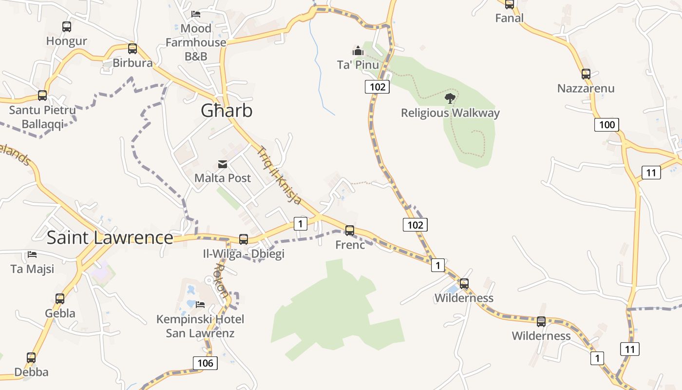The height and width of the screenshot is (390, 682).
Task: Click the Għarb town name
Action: point(227,111)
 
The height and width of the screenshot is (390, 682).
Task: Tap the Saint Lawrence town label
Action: point(110,237)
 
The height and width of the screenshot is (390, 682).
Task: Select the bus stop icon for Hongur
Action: point(67,27)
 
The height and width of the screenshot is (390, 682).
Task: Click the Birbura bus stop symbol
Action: point(133,49)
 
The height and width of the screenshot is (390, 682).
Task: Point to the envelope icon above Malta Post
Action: point(223,164)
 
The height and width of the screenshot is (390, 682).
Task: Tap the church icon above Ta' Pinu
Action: point(358,51)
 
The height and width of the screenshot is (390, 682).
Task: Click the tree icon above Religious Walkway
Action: point(450,98)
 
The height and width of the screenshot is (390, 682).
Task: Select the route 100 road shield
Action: point(606,124)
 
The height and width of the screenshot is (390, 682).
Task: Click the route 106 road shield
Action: point(205,363)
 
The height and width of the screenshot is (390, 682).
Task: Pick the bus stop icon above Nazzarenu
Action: point(586,74)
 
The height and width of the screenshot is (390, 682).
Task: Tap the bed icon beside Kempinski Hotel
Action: point(200,305)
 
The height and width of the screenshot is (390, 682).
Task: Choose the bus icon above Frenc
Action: point(350,230)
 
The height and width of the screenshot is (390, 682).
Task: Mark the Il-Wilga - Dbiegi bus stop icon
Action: point(244,239)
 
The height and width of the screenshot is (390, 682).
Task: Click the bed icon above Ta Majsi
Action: point(32,254)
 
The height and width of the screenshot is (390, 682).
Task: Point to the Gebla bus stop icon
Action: point(60,298)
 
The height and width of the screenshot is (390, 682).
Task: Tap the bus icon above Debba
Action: point(31,357)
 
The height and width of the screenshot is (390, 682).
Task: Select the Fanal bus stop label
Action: point(510,18)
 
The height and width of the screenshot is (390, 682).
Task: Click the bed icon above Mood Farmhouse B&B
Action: point(196,14)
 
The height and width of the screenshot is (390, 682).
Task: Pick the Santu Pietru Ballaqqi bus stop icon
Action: point(42,96)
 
